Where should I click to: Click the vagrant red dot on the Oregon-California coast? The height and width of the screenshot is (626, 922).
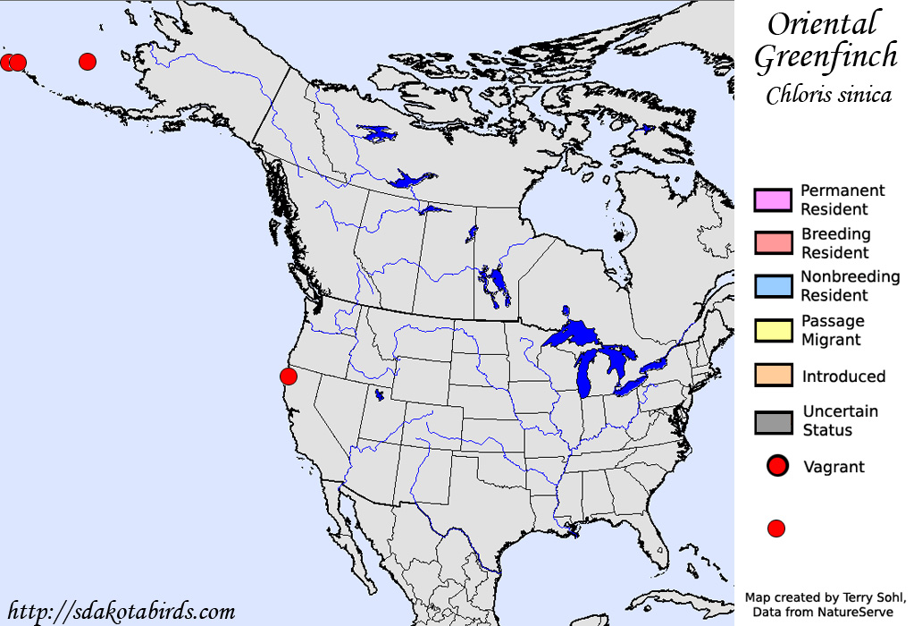[x=288, y=376]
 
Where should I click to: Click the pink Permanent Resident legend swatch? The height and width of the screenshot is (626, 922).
[x=773, y=200]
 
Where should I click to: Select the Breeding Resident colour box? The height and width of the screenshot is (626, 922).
[x=773, y=243]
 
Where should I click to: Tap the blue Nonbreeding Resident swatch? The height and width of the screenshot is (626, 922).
[x=773, y=286]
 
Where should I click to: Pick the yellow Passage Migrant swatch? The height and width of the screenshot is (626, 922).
[x=773, y=330]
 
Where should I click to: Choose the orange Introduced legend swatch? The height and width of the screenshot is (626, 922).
[x=773, y=376]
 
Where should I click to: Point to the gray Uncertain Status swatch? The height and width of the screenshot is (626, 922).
[x=773, y=421]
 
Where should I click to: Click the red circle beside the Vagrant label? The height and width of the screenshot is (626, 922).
[x=777, y=466]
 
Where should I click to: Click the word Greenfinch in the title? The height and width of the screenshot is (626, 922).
[x=826, y=56]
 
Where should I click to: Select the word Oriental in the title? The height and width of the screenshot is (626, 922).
[x=824, y=23]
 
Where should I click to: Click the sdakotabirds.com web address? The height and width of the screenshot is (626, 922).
[x=121, y=612]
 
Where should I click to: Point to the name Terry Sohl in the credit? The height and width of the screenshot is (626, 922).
[x=875, y=596]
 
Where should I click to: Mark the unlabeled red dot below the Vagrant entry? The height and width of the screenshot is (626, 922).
[x=776, y=529]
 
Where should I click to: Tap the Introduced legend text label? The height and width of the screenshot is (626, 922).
[x=843, y=376]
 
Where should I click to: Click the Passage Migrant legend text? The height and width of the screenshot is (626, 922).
[x=832, y=330]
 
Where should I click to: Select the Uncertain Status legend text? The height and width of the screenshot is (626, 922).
[x=840, y=420]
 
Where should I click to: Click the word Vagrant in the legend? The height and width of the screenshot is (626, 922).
[x=834, y=466]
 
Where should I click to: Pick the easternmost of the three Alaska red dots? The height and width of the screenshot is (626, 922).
[x=87, y=61]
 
